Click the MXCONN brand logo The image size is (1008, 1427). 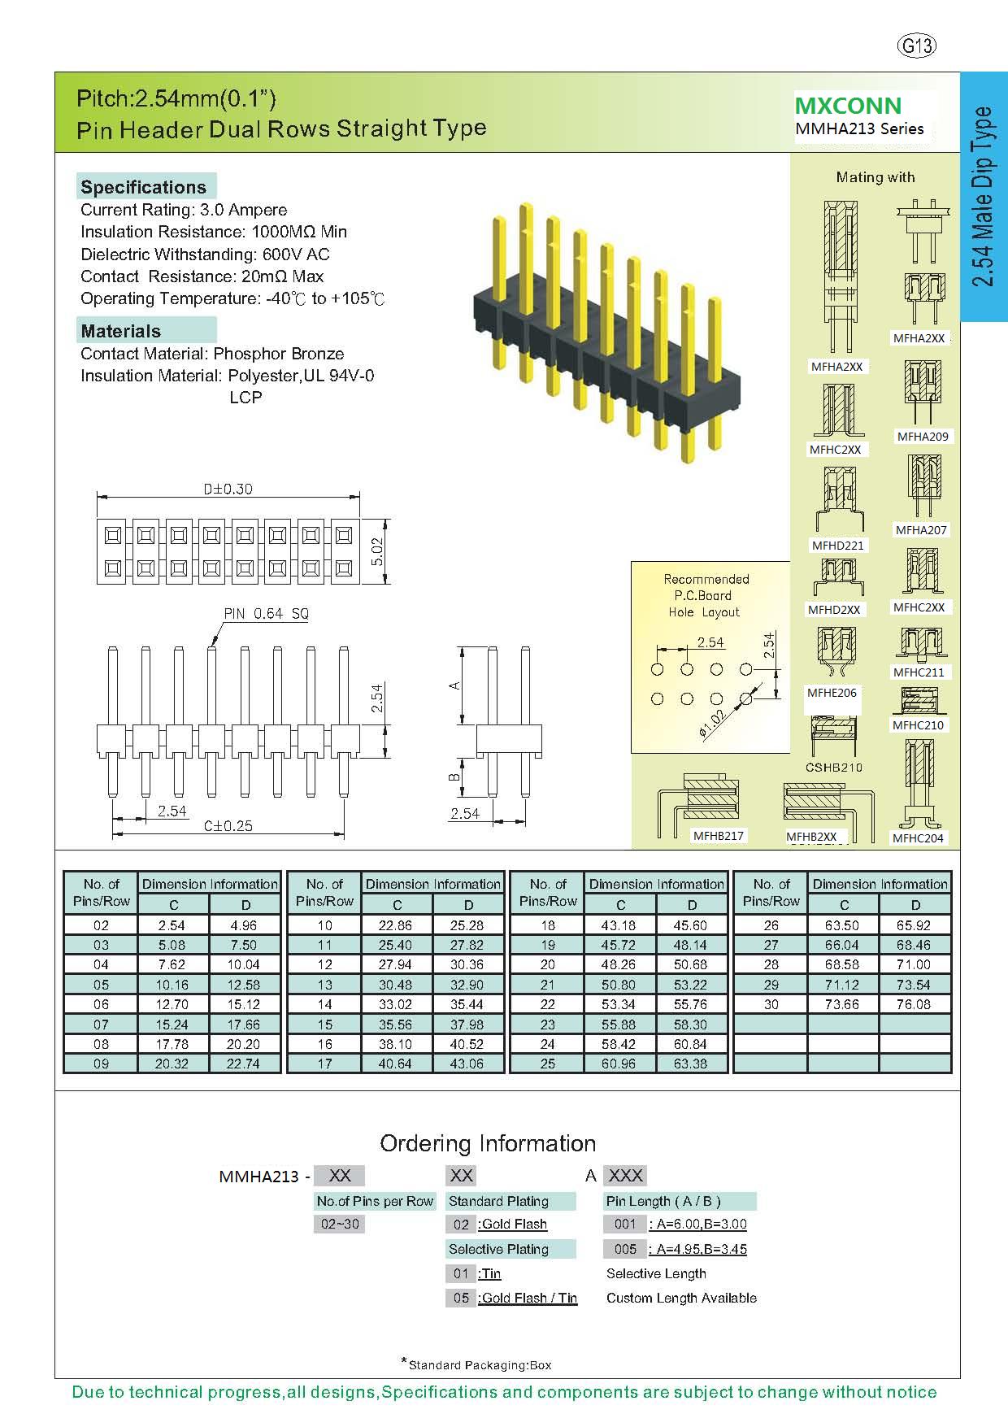tap(848, 106)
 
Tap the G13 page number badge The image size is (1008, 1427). tap(916, 46)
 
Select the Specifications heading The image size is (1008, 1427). tap(144, 187)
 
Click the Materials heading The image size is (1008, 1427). tap(121, 331)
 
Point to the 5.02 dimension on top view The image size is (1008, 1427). tap(376, 551)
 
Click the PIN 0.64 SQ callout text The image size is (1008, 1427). tap(266, 614)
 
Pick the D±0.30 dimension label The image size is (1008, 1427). tap(228, 489)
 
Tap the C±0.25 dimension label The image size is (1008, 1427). tap(228, 826)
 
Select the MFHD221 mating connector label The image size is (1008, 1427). tap(837, 546)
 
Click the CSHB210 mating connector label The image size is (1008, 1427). tap(834, 768)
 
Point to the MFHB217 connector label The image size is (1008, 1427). tap(719, 836)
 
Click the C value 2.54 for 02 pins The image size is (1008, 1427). tap(172, 925)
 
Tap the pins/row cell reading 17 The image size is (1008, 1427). tap(324, 1064)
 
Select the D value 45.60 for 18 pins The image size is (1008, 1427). tap(690, 925)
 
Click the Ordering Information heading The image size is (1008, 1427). tap(488, 1144)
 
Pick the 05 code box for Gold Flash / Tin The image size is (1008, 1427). tap(461, 1299)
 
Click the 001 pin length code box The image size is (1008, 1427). tap(625, 1225)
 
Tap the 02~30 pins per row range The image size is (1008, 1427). tap(340, 1225)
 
